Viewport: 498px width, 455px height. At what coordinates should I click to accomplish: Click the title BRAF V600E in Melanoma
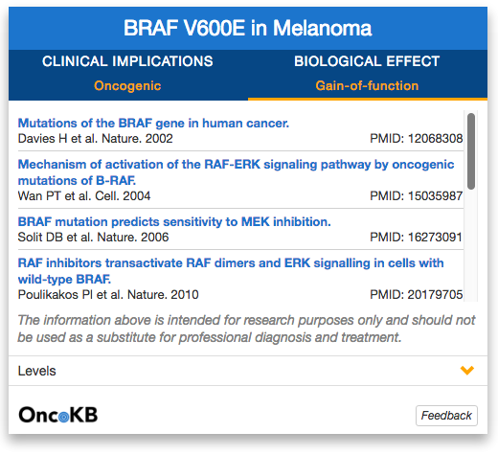click(x=248, y=28)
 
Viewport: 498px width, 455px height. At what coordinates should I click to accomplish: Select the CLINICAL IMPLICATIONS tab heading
click(x=127, y=61)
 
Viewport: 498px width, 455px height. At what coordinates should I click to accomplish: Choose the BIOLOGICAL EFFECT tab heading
click(x=367, y=61)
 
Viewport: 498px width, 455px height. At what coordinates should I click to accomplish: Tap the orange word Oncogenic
click(x=127, y=86)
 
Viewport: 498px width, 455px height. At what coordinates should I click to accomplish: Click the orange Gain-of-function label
click(x=367, y=85)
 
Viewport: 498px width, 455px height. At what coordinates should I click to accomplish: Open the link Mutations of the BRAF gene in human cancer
click(x=153, y=123)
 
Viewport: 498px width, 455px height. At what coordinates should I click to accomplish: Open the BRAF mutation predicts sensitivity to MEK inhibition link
click(x=174, y=221)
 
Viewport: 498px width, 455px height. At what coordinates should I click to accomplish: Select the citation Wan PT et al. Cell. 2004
click(x=84, y=195)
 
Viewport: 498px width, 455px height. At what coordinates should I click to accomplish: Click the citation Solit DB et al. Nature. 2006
click(x=93, y=237)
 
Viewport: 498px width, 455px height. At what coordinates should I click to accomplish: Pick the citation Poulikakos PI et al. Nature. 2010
click(x=108, y=294)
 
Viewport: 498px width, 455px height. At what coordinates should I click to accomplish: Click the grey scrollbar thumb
click(x=471, y=151)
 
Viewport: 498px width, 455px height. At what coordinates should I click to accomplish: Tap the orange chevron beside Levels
click(x=467, y=371)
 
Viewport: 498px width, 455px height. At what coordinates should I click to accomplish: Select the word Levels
click(x=36, y=371)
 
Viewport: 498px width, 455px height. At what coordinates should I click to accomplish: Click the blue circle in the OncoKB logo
click(x=64, y=417)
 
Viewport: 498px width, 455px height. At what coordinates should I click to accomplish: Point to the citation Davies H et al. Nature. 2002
click(x=95, y=138)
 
